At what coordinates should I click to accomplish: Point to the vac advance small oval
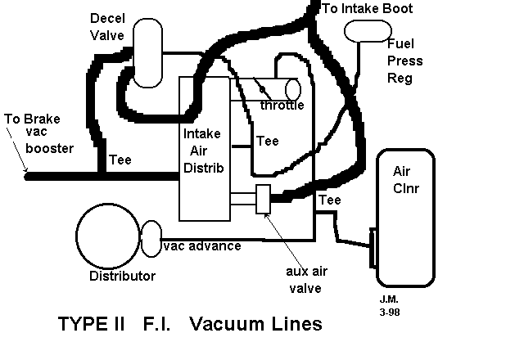point(152,239)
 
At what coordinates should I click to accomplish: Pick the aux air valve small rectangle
point(264,200)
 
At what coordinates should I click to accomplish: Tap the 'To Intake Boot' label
point(367,9)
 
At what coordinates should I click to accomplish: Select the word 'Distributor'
point(122,276)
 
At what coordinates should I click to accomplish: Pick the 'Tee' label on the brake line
point(120,160)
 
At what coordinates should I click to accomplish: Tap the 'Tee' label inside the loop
point(267,142)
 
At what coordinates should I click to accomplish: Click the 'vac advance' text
point(202,245)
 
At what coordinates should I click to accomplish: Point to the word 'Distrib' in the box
point(204,168)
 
